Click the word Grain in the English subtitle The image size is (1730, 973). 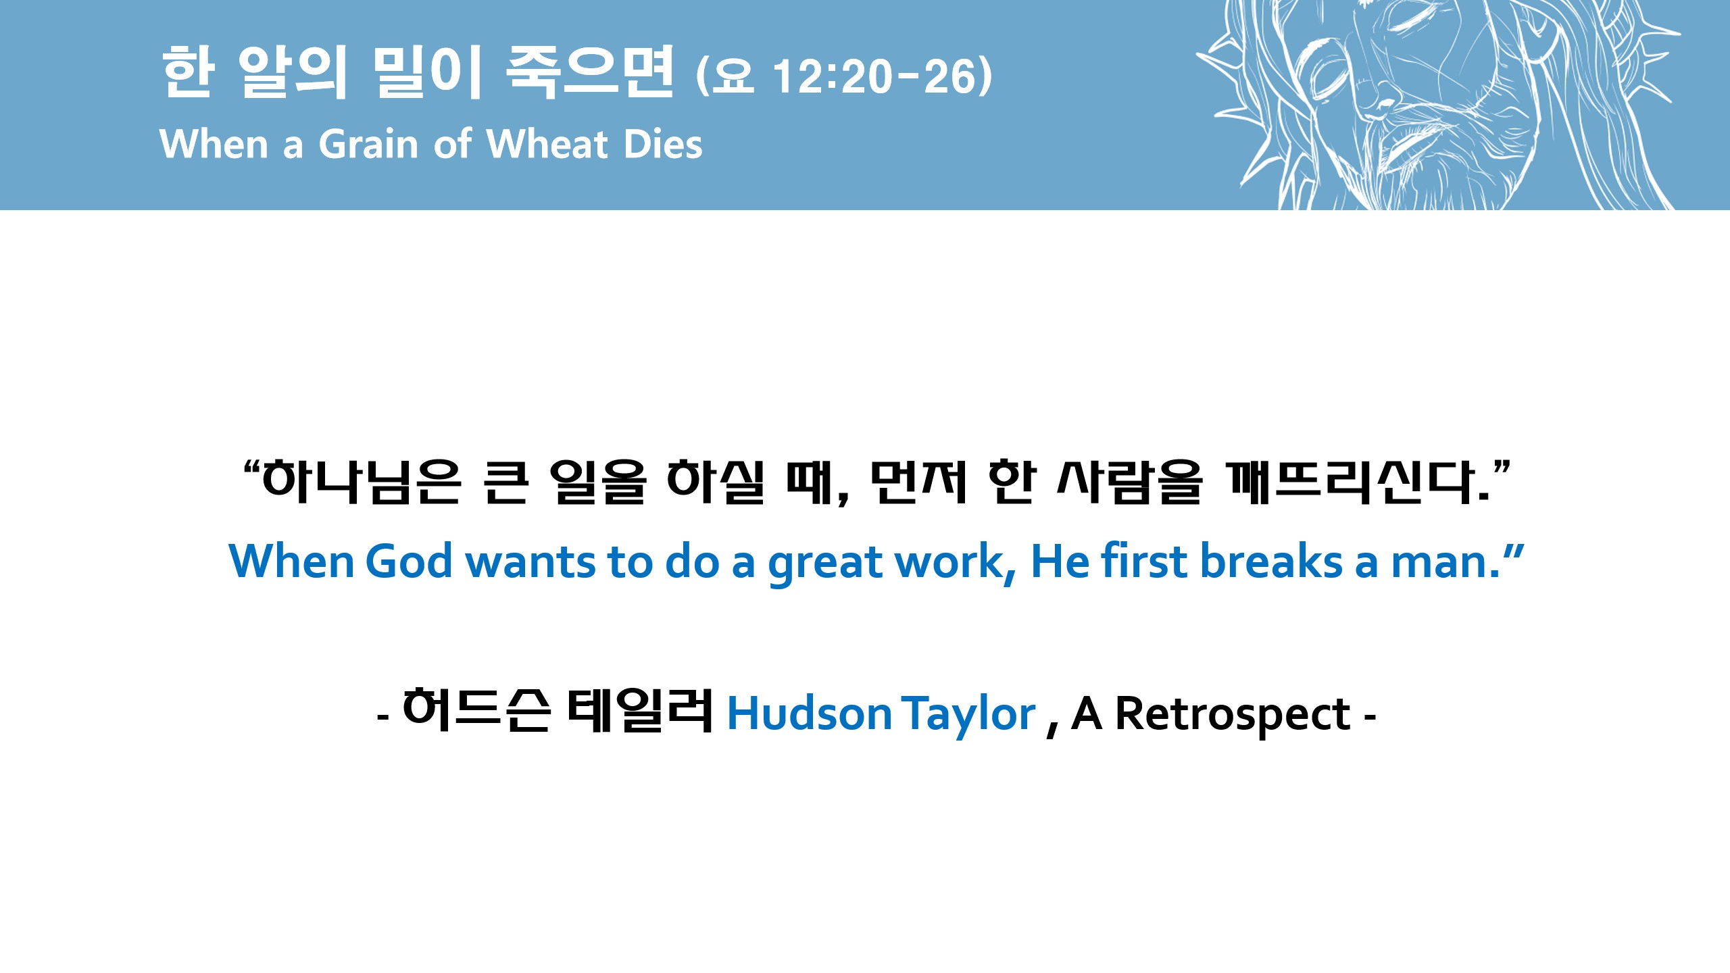pos(368,144)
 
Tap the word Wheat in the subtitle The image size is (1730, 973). pos(547,144)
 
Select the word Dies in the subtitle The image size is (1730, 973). pos(663,144)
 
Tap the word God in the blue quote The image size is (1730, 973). pos(409,562)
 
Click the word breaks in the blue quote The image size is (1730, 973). pos(1271,562)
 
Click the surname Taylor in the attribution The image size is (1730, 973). pos(970,716)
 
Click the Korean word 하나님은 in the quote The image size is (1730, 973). pos(362,483)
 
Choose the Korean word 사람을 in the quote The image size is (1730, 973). pos(1129,483)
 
